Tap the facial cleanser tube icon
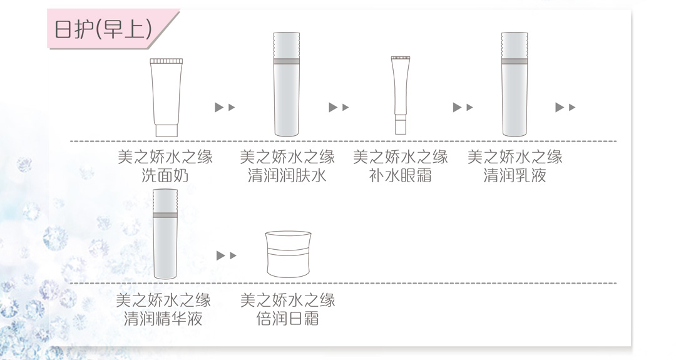click(166, 98)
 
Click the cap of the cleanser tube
click(166, 131)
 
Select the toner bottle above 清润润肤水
click(287, 84)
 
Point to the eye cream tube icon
click(401, 95)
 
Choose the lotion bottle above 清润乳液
click(515, 84)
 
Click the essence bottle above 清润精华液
click(165, 234)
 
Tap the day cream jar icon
click(289, 254)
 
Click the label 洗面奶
click(165, 175)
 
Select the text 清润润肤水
click(287, 175)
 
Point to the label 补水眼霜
click(401, 175)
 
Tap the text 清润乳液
click(515, 175)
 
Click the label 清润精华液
click(163, 319)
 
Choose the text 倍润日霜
click(287, 319)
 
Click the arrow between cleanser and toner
click(225, 107)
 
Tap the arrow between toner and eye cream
click(339, 107)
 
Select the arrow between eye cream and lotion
click(463, 107)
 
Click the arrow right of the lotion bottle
click(565, 107)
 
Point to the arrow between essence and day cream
click(227, 255)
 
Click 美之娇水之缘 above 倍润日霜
click(287, 300)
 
